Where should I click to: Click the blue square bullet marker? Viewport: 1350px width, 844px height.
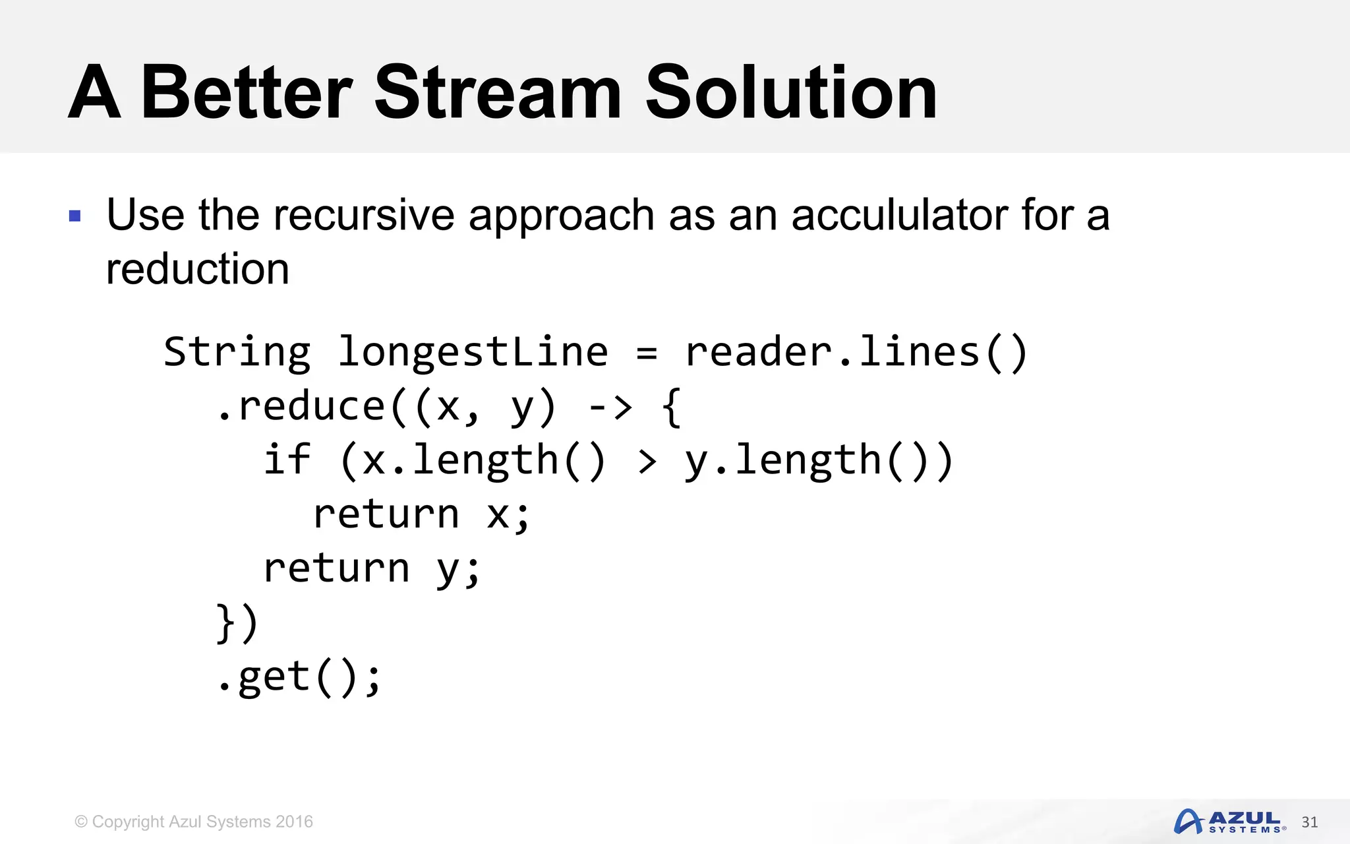pos(75,216)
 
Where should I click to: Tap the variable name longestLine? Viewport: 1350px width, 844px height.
pos(473,352)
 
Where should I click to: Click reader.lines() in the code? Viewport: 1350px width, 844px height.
pos(856,352)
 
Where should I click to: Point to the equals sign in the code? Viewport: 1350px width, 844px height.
pos(647,353)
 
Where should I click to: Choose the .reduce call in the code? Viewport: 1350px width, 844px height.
pos(301,406)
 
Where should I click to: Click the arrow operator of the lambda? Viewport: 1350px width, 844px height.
pos(610,407)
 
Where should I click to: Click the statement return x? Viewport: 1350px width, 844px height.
pos(421,514)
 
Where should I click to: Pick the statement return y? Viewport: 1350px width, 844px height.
pos(372,568)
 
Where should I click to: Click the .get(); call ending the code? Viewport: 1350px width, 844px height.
pos(299,677)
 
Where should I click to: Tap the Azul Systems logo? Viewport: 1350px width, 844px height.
pos(1229,822)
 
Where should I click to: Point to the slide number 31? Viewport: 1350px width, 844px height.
pos(1309,822)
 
